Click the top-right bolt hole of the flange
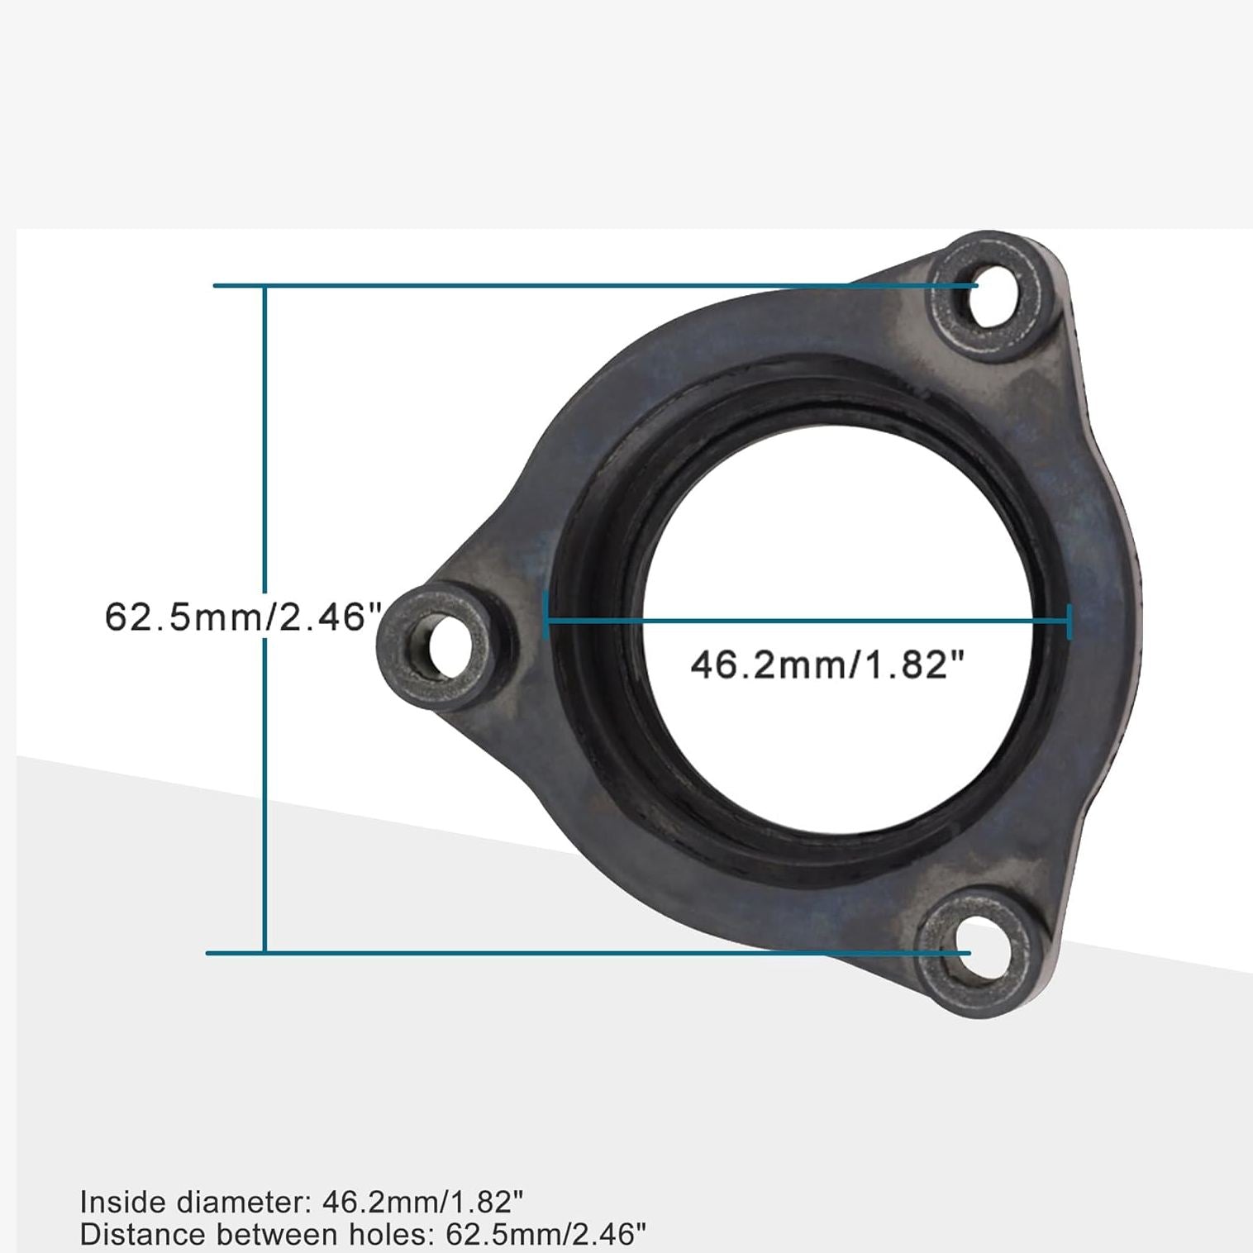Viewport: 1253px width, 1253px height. (x=992, y=295)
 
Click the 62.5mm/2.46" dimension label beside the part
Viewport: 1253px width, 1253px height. (x=242, y=617)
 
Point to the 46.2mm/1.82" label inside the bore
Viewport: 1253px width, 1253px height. (x=827, y=665)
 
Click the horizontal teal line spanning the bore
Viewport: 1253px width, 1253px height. (x=806, y=620)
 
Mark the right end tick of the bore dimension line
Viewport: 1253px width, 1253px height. (x=1070, y=621)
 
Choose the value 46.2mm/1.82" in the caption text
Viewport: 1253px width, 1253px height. (x=422, y=1202)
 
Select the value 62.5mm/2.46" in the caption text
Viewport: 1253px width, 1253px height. (x=546, y=1235)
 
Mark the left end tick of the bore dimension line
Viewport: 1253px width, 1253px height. (x=545, y=616)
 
